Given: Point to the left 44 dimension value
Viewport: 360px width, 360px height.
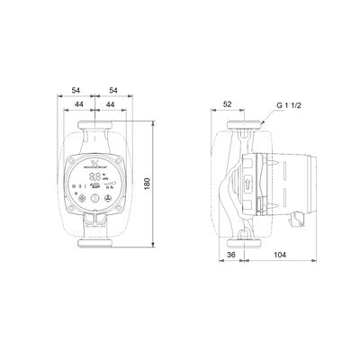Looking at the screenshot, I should [x=80, y=105].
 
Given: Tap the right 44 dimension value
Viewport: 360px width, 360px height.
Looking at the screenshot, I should [x=110, y=105].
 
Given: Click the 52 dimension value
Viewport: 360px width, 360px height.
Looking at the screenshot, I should [x=229, y=104].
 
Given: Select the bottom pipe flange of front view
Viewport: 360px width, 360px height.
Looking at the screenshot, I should [x=94, y=240].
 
